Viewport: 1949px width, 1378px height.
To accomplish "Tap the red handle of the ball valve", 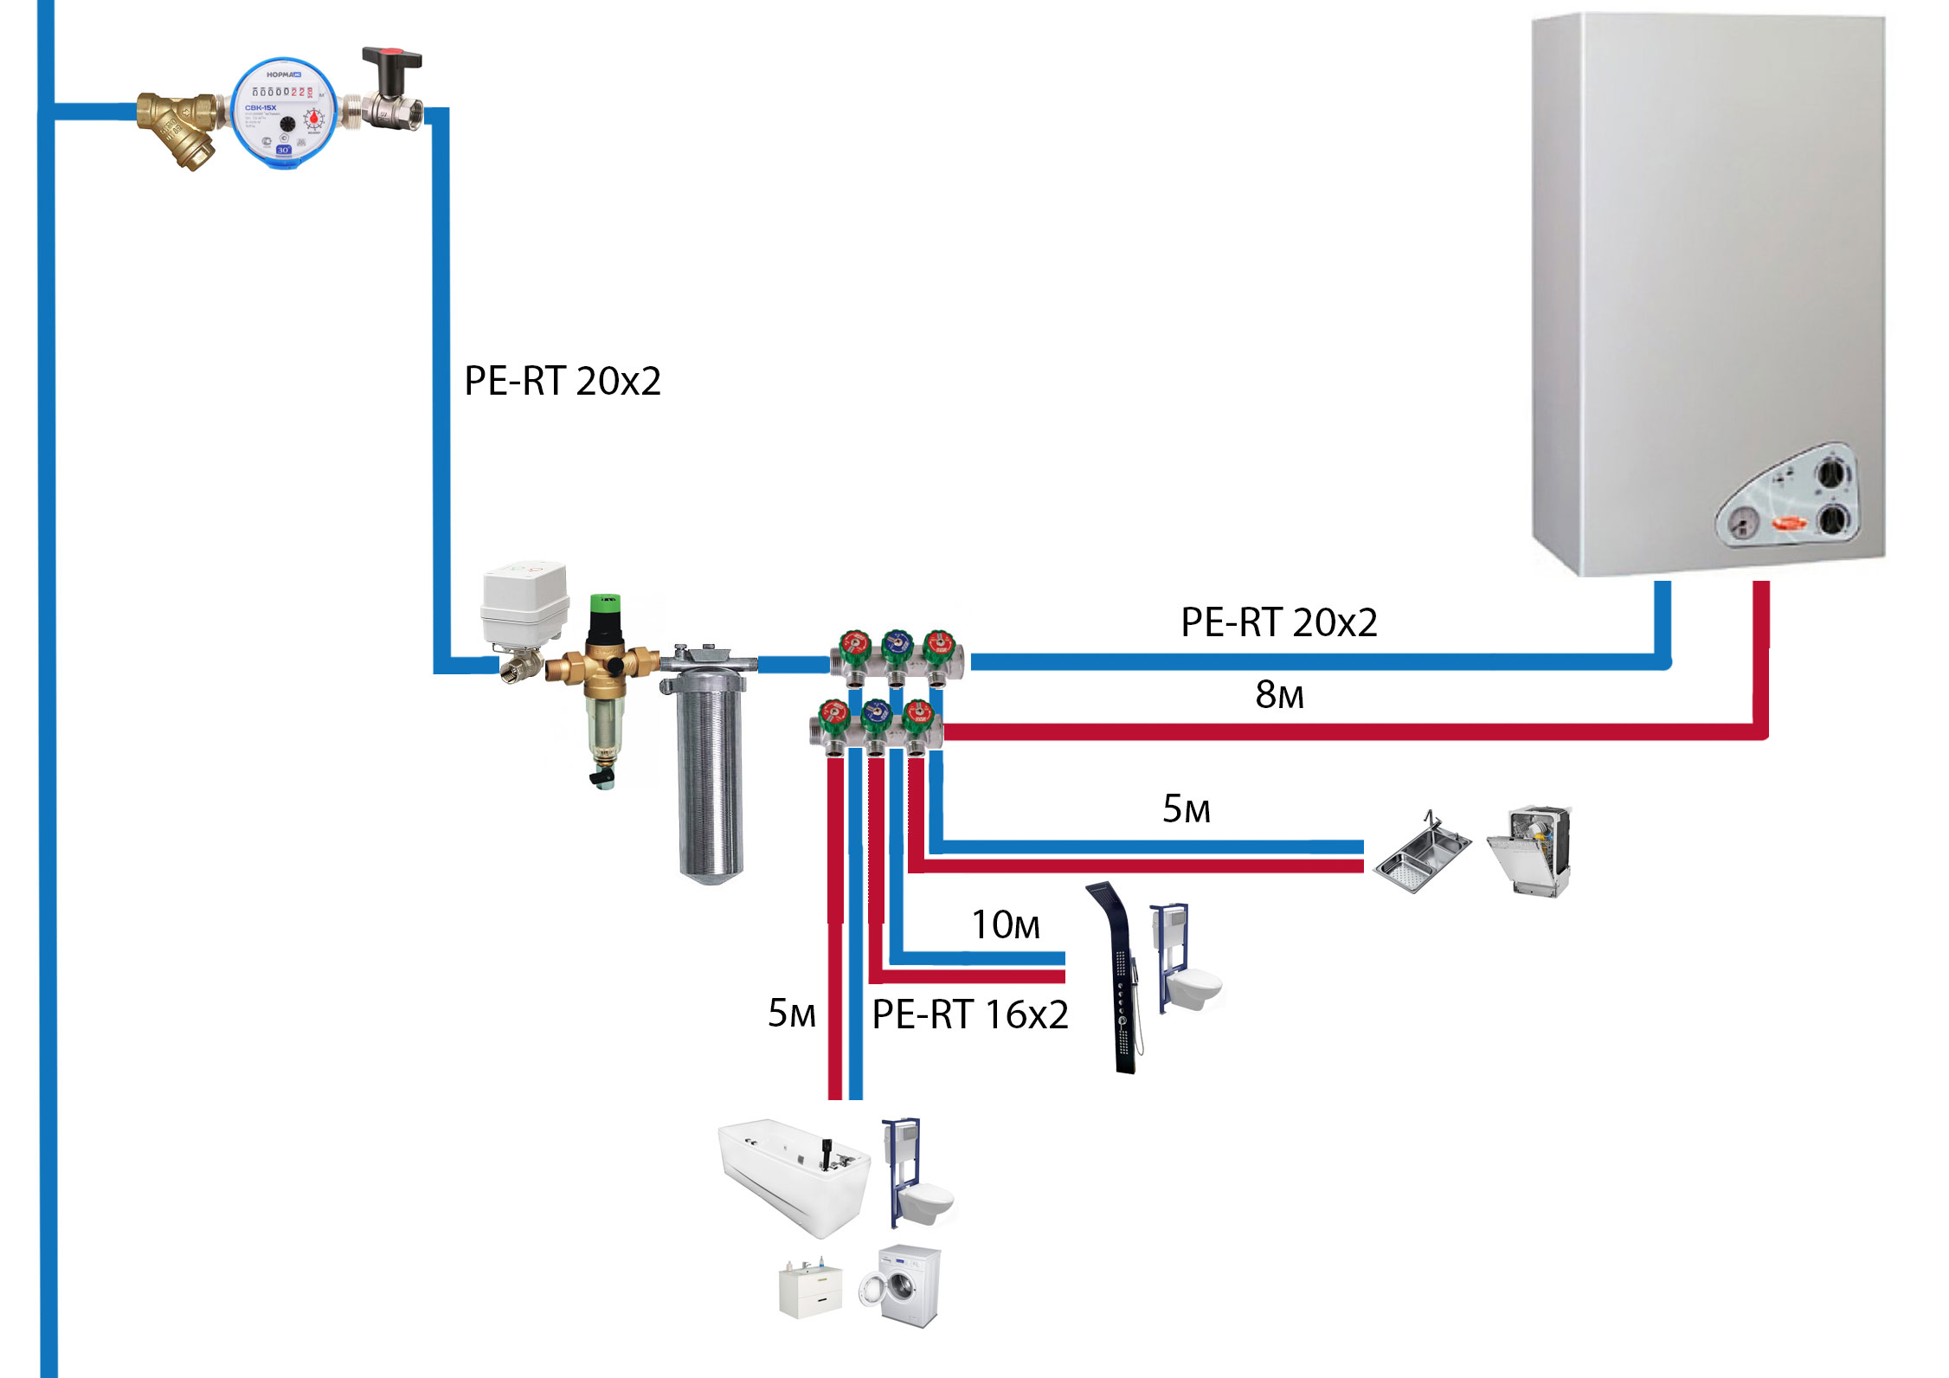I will [x=392, y=59].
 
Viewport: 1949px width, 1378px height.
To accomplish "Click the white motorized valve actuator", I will [x=524, y=597].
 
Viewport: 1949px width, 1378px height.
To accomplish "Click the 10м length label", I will [x=1005, y=924].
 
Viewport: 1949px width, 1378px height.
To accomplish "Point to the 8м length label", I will [x=1278, y=694].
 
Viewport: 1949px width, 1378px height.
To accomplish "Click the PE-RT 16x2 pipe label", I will [x=969, y=1014].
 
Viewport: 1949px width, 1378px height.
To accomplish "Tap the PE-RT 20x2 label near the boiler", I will [x=1278, y=622].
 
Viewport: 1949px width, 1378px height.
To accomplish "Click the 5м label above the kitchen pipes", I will [x=1186, y=808].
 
